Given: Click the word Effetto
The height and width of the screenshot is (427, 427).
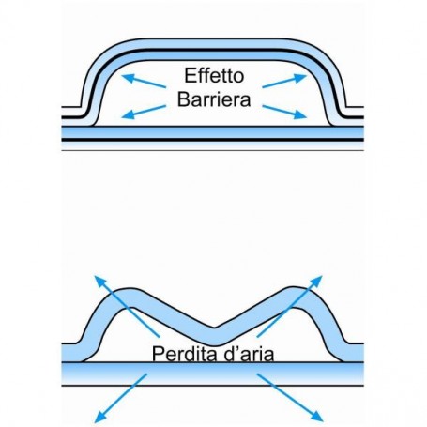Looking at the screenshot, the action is click(214, 75).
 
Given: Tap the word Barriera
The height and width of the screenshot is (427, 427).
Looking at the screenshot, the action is click(214, 99).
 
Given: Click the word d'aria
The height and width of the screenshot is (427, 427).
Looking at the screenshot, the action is click(248, 354).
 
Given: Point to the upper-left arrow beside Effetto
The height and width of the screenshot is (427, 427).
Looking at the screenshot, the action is click(144, 81).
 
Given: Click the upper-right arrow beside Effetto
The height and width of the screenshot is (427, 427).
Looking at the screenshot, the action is click(284, 81).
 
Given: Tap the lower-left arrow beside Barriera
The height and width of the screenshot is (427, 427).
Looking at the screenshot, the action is click(144, 112).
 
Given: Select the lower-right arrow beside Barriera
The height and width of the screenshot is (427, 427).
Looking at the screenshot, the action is click(284, 112).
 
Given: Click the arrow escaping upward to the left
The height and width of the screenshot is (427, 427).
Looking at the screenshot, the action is click(127, 306).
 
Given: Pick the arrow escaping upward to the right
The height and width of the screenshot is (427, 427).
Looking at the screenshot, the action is click(289, 306).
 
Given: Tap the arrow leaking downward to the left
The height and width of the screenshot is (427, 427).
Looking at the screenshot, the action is click(120, 398).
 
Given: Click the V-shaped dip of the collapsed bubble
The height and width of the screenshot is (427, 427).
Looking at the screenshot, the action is click(214, 337).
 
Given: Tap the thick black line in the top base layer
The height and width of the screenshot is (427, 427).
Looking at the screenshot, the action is click(213, 140).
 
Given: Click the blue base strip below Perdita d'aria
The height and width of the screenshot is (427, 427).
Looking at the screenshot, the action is click(213, 374).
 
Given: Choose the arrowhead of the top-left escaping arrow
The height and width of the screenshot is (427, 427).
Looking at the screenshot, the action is click(99, 281).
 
